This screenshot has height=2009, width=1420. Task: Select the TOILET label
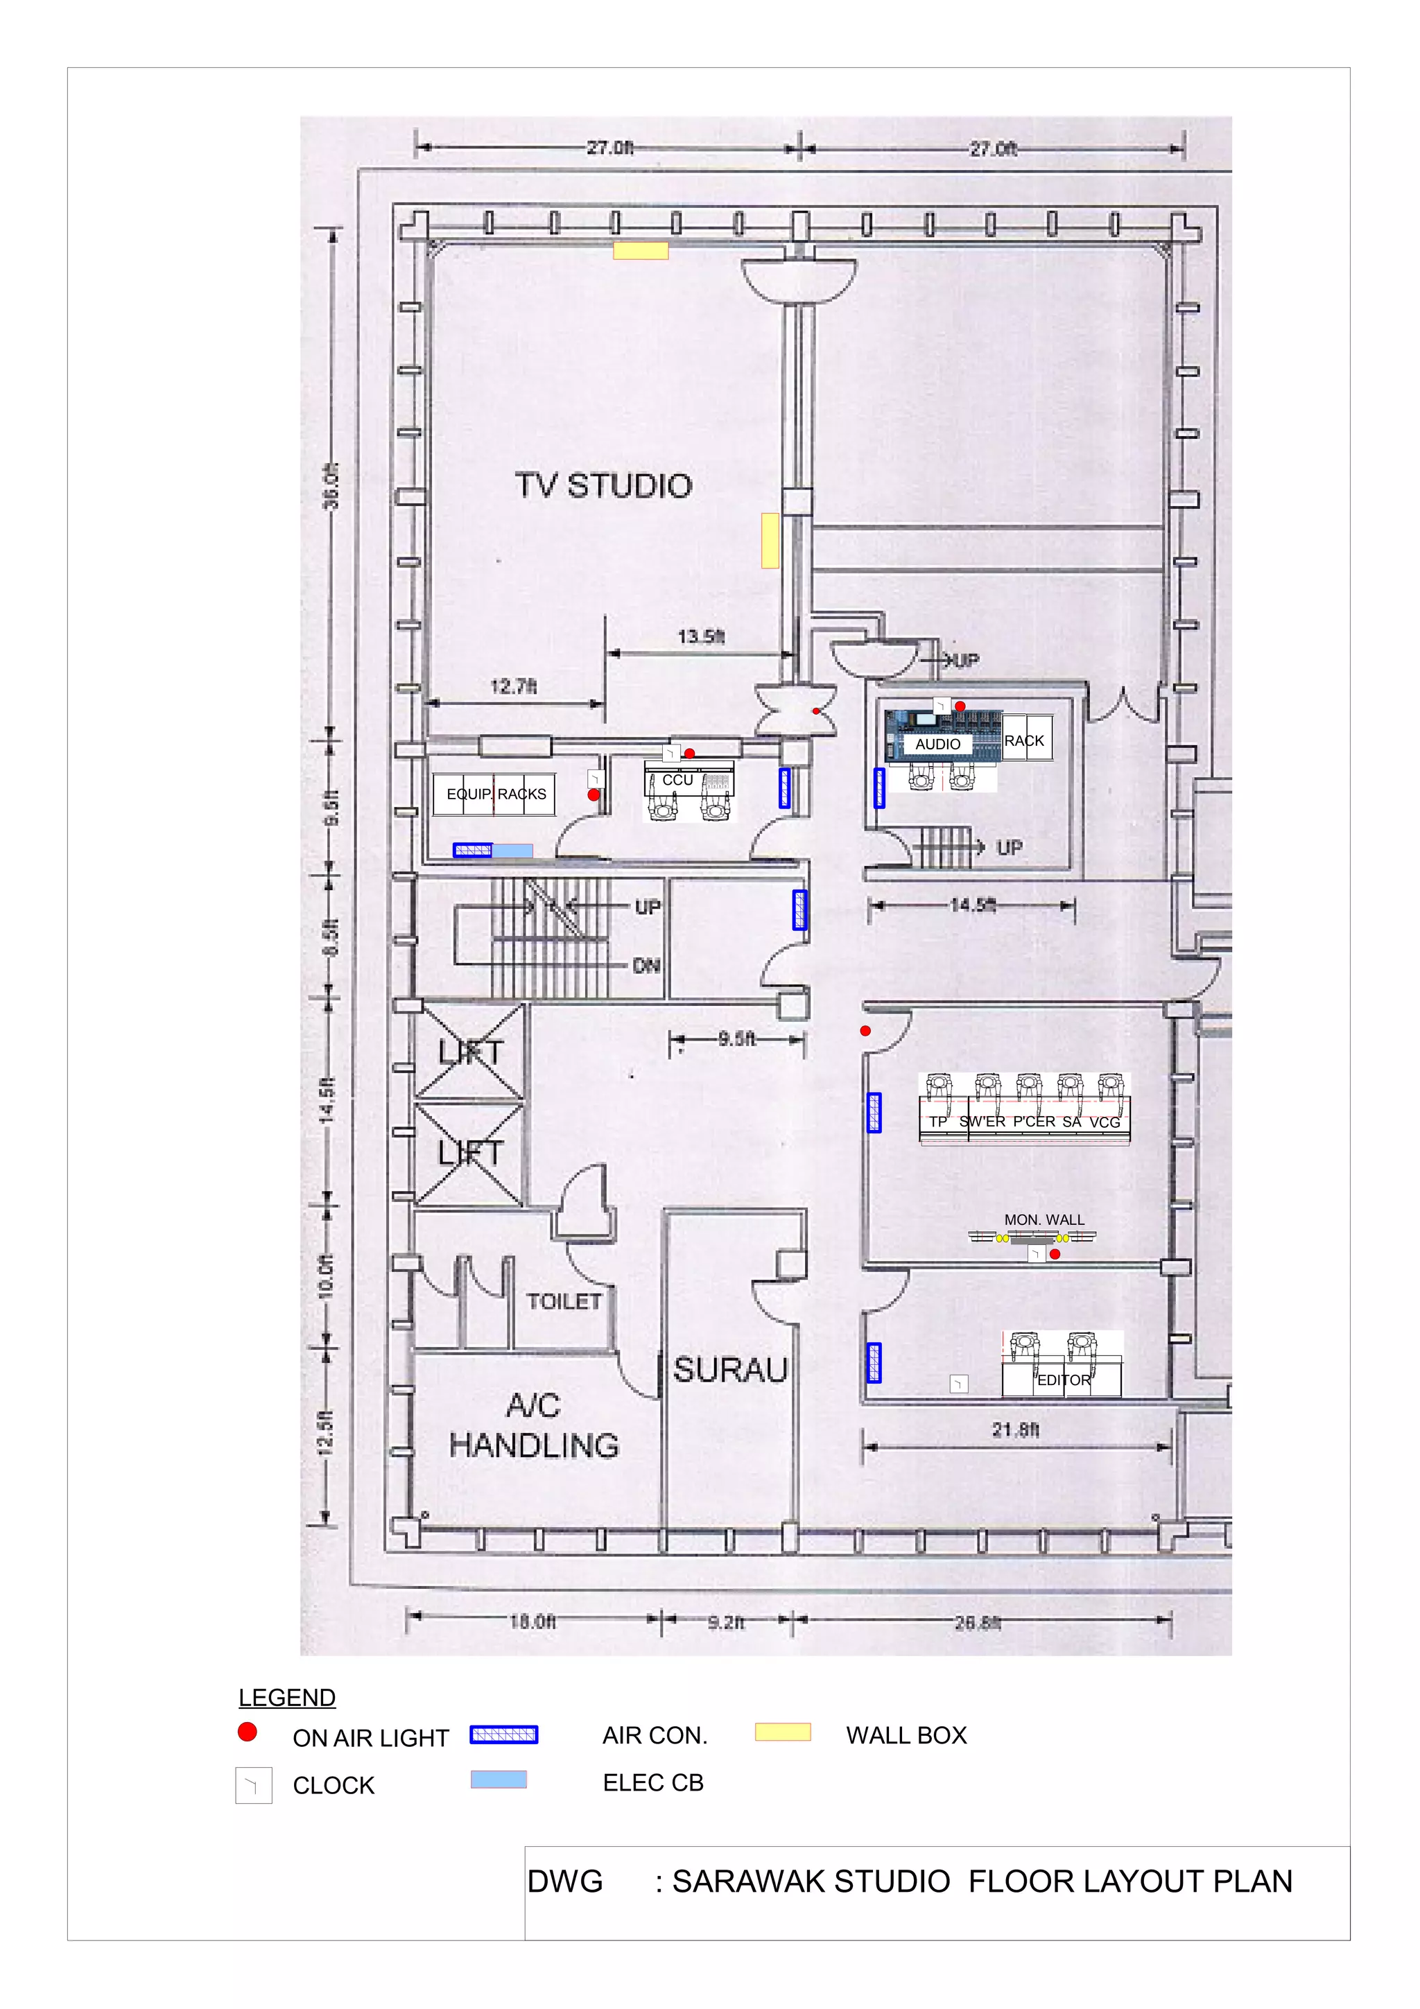(x=564, y=1301)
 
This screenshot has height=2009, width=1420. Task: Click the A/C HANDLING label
(x=534, y=1425)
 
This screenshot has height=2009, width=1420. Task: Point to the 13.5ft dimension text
(x=701, y=636)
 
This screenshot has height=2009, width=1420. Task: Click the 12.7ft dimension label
(x=514, y=686)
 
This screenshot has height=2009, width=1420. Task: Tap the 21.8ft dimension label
(x=1016, y=1429)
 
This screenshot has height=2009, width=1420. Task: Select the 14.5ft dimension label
(x=973, y=905)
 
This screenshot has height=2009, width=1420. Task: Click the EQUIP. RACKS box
(x=495, y=794)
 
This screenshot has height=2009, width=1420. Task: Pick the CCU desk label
(x=677, y=780)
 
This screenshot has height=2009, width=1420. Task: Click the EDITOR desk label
(x=1064, y=1380)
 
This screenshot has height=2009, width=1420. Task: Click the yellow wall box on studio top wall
(x=641, y=251)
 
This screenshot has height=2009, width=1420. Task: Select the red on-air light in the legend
(x=248, y=1732)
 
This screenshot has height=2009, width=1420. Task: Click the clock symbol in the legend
(x=254, y=1785)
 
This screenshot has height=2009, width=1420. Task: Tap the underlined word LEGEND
(x=287, y=1698)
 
